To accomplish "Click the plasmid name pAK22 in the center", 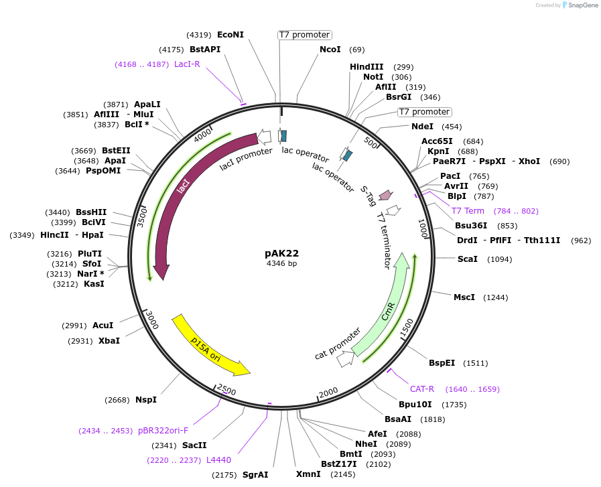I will (281, 253).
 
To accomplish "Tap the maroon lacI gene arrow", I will (176, 201).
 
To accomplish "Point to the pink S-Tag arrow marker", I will (385, 195).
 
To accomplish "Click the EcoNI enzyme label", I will (230, 35).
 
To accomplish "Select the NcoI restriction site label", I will (330, 50).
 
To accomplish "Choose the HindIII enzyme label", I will (366, 67).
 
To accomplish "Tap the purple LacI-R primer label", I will (187, 64).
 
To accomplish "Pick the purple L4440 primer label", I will (218, 460).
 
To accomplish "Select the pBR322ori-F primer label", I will (163, 431).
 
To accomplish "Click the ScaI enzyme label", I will (467, 259).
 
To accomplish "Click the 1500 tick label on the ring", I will (406, 328).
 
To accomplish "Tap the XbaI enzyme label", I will (109, 341).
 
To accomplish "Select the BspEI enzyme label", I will (442, 363).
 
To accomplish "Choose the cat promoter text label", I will (337, 344).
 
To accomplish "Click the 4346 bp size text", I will (281, 264).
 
